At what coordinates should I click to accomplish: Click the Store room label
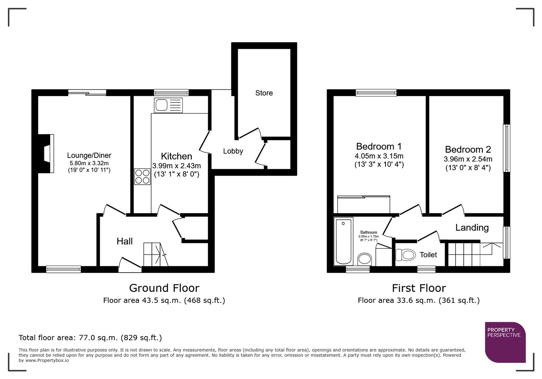click(x=264, y=93)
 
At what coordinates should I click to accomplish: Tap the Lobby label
click(x=233, y=151)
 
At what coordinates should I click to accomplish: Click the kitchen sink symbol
click(x=168, y=105)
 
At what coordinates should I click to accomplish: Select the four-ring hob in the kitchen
click(x=142, y=177)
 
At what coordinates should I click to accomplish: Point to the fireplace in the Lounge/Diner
click(x=47, y=154)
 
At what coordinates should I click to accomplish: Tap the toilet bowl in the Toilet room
click(x=406, y=255)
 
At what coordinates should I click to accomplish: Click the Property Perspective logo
click(x=505, y=342)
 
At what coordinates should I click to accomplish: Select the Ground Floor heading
click(x=164, y=288)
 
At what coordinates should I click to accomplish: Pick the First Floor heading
click(x=418, y=288)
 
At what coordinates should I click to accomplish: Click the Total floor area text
click(x=90, y=338)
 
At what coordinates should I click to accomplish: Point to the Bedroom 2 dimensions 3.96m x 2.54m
click(x=468, y=159)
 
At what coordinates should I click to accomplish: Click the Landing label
click(x=472, y=228)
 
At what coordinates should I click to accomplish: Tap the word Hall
click(x=125, y=241)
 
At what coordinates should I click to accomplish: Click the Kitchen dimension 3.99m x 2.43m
click(x=176, y=166)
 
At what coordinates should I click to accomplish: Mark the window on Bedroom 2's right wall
click(x=506, y=148)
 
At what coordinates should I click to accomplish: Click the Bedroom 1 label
click(x=379, y=146)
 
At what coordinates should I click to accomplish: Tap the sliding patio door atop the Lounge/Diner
click(x=87, y=93)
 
